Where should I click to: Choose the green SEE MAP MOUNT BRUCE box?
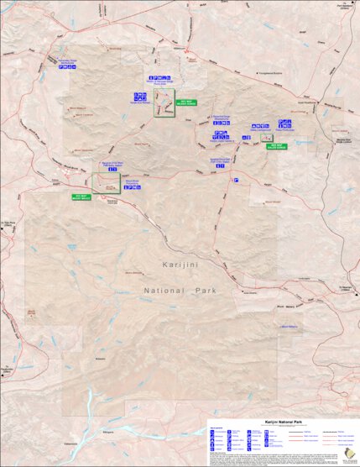point(82,197)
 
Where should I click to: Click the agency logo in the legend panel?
point(347,454)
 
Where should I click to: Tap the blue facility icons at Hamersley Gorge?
point(65,69)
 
